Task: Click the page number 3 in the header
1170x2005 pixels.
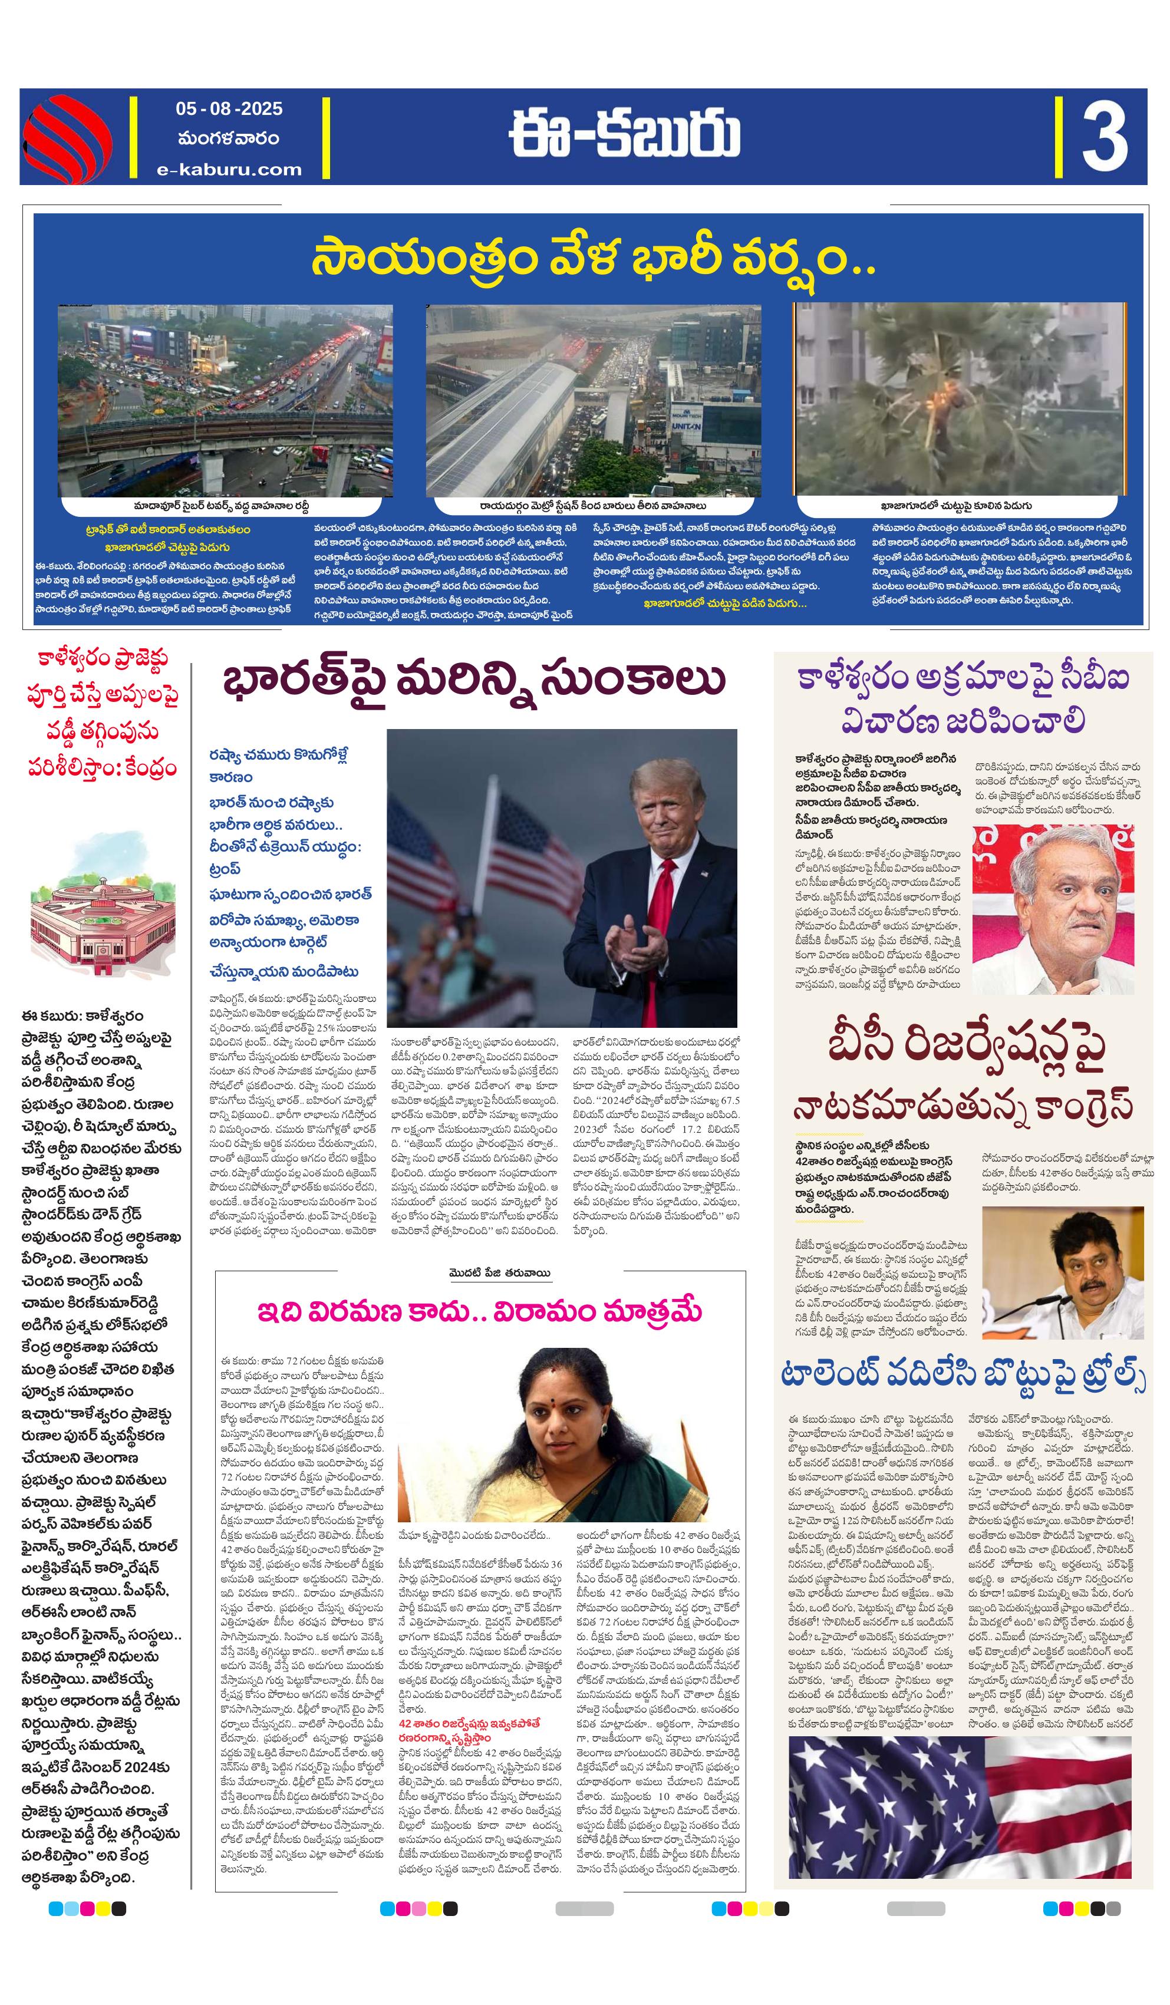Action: click(x=1103, y=137)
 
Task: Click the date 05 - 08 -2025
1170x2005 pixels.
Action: click(x=229, y=109)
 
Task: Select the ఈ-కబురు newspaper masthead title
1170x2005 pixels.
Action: click(x=624, y=136)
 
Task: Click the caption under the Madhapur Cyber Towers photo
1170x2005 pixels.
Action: click(x=220, y=505)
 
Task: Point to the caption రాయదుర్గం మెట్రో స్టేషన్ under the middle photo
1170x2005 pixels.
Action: click(x=593, y=505)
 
